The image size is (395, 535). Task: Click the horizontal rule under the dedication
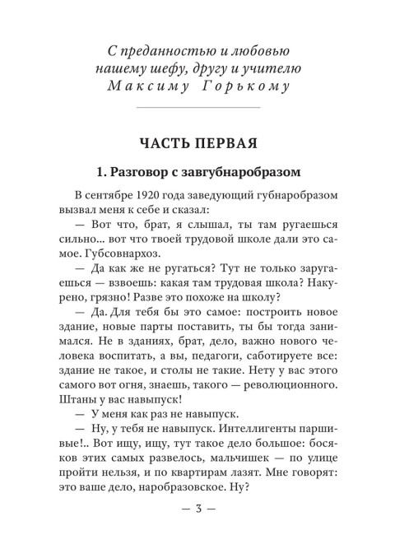tap(197, 109)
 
